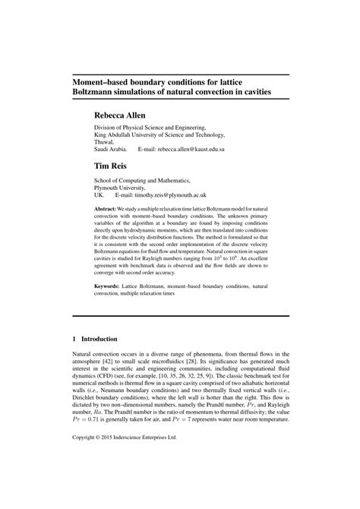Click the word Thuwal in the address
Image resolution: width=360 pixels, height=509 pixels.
[105, 142]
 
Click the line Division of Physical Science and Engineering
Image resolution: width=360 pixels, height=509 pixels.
[150, 128]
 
